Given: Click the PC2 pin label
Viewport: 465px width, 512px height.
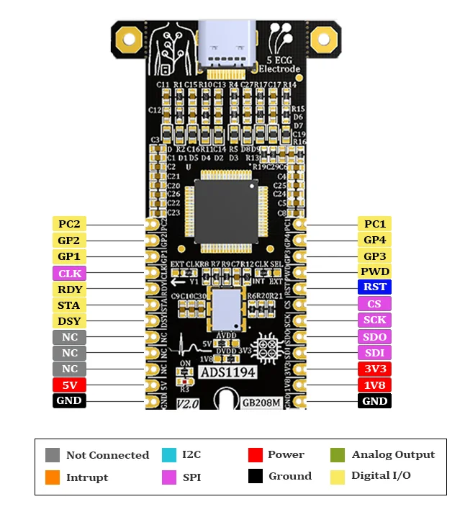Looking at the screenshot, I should pyautogui.click(x=70, y=224).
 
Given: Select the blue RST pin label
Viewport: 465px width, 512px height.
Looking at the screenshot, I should pyautogui.click(x=374, y=287).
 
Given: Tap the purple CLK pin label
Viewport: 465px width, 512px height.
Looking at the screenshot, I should pyautogui.click(x=70, y=274).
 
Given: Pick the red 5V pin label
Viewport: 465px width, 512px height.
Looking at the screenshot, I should pyautogui.click(x=70, y=385).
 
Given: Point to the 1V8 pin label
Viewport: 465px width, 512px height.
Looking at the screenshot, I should pyautogui.click(x=374, y=385).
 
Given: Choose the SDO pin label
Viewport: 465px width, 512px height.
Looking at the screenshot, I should pyautogui.click(x=374, y=337).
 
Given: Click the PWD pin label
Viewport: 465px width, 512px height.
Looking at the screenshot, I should pyautogui.click(x=374, y=271).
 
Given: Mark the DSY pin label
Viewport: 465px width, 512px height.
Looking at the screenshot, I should pyautogui.click(x=70, y=321).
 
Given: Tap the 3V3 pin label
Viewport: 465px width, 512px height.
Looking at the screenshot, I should pyautogui.click(x=374, y=369).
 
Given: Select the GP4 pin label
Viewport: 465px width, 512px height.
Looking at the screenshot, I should pyautogui.click(x=374, y=241).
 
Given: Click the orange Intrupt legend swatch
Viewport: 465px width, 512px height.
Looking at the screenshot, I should pyautogui.click(x=53, y=477).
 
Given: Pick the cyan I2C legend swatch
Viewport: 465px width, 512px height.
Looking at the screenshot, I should pyautogui.click(x=169, y=455).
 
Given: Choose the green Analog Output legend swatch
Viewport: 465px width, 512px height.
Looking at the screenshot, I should pyautogui.click(x=337, y=455).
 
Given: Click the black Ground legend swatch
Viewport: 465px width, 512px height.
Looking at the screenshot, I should pyautogui.click(x=254, y=476).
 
